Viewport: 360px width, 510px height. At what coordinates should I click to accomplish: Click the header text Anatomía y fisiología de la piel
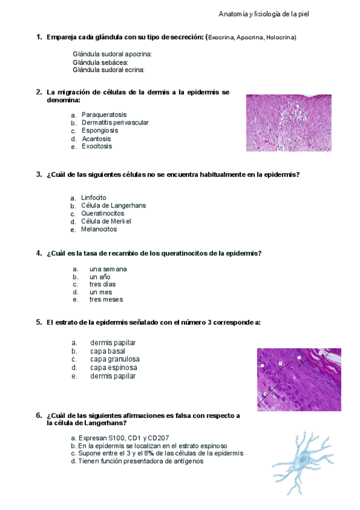[264, 13]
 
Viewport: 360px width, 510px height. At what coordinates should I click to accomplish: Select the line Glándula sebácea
[100, 62]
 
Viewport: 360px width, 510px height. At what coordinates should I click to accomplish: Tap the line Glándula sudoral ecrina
[108, 70]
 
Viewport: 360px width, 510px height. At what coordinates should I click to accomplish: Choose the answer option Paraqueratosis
[104, 115]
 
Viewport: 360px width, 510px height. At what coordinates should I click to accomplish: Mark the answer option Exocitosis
[97, 146]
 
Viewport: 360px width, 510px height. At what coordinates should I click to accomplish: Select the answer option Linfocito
[94, 198]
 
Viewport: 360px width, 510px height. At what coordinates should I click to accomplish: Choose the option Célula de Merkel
[106, 221]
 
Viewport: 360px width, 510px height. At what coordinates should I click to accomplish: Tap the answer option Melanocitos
[99, 229]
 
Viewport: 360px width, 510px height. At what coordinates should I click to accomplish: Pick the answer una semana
[108, 269]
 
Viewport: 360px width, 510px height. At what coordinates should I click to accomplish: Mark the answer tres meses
[106, 300]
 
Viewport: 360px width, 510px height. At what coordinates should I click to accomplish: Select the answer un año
[100, 277]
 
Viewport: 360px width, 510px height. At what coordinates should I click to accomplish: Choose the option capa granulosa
[115, 360]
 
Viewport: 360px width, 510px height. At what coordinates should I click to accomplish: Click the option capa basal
[108, 351]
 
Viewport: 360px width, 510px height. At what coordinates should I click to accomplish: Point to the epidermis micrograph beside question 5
[299, 379]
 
